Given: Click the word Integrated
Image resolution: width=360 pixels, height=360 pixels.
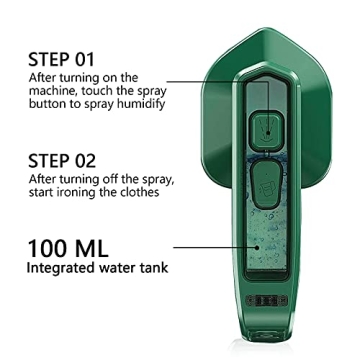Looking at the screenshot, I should (61, 269).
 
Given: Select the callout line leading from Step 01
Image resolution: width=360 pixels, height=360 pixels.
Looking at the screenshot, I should (215, 85).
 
